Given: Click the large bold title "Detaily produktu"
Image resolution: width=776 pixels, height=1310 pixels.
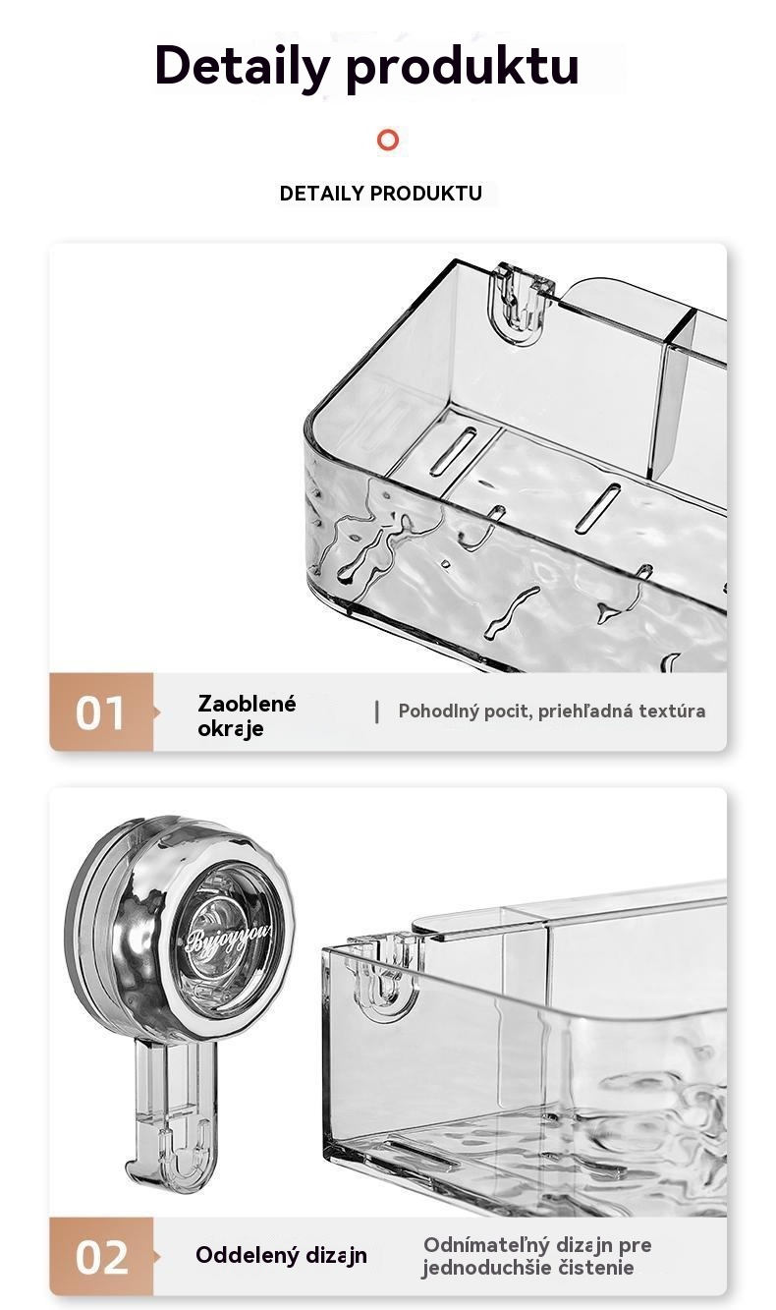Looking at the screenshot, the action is click(x=367, y=67).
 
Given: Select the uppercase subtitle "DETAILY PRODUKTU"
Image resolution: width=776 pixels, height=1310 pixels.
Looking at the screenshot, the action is click(x=381, y=193).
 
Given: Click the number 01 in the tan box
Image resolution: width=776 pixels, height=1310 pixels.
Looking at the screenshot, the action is click(x=99, y=712).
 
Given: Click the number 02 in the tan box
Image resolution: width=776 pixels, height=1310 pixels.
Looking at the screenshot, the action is click(x=101, y=1257).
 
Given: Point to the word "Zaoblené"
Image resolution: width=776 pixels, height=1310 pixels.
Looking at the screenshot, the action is click(x=247, y=704).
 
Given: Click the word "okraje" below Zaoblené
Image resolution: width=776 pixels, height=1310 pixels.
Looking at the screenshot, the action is click(x=230, y=729).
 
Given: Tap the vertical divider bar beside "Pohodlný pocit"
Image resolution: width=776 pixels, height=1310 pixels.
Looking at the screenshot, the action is click(x=377, y=712).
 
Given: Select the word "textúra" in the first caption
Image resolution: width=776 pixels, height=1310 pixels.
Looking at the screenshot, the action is click(x=672, y=712).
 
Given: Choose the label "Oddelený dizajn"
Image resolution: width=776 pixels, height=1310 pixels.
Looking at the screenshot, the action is click(x=281, y=1255).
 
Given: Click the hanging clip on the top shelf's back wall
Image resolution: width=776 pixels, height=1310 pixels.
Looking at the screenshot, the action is click(x=521, y=304).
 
